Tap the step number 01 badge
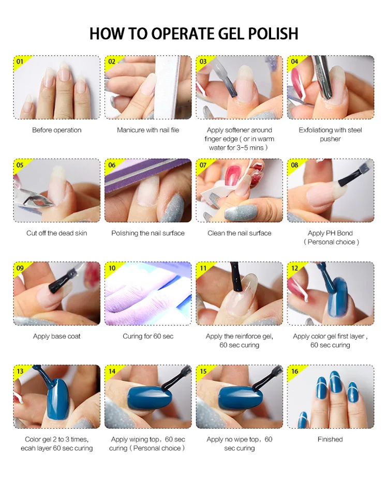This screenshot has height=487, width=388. (x=20, y=62)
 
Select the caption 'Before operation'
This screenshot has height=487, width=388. (x=56, y=130)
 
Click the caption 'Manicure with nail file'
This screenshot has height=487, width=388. (x=148, y=130)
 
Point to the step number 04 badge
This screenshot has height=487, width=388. (x=294, y=62)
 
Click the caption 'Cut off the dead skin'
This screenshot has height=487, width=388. (x=56, y=233)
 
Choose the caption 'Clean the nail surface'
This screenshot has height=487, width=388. (x=240, y=233)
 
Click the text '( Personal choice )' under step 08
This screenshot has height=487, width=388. (x=331, y=242)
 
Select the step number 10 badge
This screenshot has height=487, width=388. (x=112, y=268)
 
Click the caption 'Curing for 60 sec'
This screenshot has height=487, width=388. (x=148, y=337)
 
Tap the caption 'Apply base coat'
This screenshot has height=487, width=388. (x=56, y=337)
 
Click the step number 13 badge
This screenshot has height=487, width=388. (x=20, y=371)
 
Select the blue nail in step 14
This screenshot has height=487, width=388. (x=149, y=398)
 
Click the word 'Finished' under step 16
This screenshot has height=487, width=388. (x=330, y=439)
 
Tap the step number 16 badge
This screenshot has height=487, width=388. (x=295, y=371)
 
